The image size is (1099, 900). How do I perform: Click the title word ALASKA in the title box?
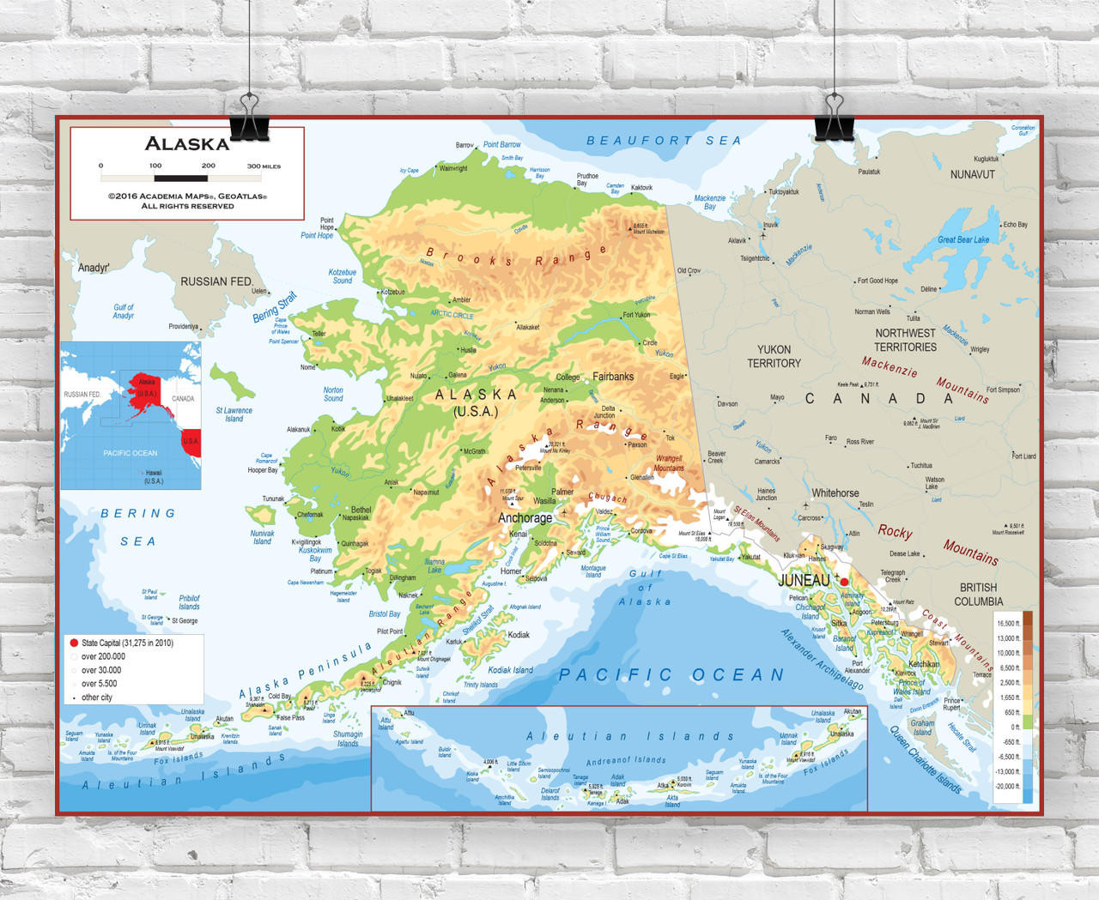coord(186,144)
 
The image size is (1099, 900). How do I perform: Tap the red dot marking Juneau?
coord(844,582)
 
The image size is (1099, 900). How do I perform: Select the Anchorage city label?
coord(525,518)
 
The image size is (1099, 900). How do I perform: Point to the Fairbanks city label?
coord(612,377)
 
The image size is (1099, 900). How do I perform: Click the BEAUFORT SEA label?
coord(664,141)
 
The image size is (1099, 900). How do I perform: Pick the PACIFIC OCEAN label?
coord(671,675)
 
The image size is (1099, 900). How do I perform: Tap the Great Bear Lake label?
coord(962,240)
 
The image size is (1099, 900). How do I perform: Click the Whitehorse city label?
coord(835,493)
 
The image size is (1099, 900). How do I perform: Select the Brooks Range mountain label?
coord(515,257)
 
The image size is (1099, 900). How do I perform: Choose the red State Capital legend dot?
coord(74,643)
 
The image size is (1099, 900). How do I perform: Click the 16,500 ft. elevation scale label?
coord(1007,624)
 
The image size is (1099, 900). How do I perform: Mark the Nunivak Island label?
coord(262,537)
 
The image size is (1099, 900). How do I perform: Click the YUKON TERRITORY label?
coord(774,356)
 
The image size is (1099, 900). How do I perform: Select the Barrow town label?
coord(464,145)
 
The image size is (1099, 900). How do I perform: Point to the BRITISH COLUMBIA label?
coord(978,594)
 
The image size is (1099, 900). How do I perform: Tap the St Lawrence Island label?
coord(234,414)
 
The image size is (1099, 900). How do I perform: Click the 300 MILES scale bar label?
coord(264,166)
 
